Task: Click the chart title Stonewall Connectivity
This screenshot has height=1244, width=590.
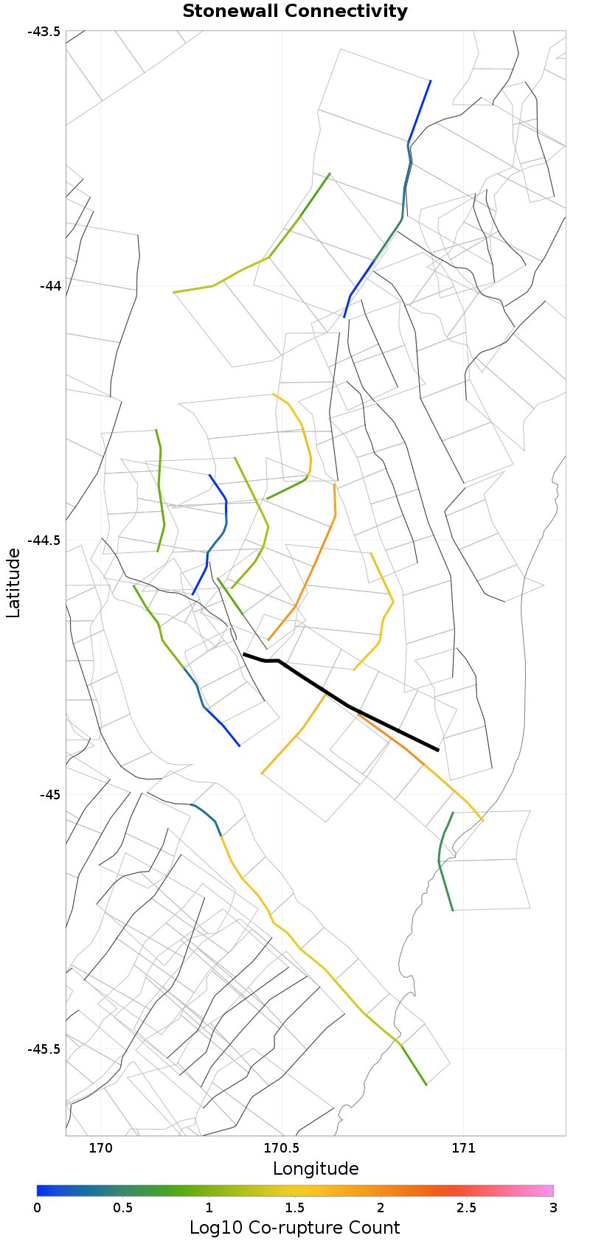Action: click(295, 12)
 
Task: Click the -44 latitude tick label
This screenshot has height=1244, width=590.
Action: click(49, 286)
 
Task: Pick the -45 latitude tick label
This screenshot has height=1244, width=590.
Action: click(49, 795)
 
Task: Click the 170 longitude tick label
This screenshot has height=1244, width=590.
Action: click(100, 1147)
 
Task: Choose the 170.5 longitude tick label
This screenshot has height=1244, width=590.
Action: click(282, 1147)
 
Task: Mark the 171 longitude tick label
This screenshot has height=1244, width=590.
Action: click(463, 1147)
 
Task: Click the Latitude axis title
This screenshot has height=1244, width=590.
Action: click(13, 583)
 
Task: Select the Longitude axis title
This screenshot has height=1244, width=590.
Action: click(316, 1169)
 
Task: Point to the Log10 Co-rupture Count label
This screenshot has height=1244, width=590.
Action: click(295, 1228)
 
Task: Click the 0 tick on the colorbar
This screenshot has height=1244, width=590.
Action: click(37, 1207)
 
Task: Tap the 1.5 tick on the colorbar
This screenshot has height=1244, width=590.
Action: click(295, 1207)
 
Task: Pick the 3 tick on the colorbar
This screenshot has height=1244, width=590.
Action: click(552, 1207)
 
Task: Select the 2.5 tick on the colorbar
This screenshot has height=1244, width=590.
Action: click(467, 1207)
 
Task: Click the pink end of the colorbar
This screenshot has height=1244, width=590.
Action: click(548, 1190)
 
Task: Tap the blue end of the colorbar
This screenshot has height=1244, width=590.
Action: click(42, 1190)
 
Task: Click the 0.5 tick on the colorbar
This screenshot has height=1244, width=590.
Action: click(123, 1207)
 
